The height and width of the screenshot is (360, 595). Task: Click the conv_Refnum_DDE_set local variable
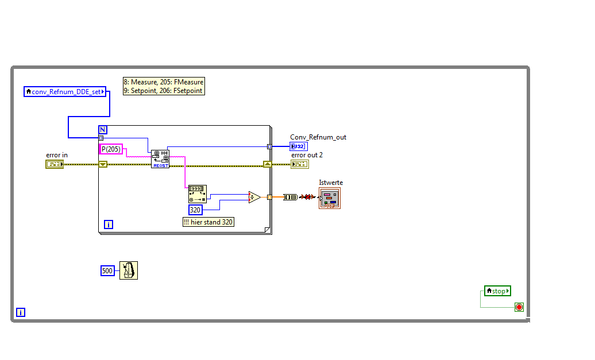(65, 91)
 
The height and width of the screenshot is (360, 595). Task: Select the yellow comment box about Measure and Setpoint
(164, 86)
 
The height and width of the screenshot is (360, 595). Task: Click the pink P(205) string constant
(111, 149)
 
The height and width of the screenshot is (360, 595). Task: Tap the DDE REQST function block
(160, 158)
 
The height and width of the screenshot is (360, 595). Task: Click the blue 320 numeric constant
(196, 210)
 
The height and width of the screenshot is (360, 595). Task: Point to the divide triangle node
(254, 197)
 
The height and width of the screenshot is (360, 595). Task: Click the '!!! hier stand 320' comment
(208, 222)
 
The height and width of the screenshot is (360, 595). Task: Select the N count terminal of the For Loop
(103, 129)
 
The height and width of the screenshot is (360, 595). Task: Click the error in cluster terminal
(54, 164)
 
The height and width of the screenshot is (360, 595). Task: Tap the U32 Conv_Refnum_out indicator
(298, 146)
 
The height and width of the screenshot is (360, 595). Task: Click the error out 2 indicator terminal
(299, 164)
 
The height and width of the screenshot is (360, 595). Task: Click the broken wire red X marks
(308, 197)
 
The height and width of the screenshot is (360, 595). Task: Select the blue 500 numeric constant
(107, 270)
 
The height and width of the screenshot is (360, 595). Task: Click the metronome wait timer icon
(129, 270)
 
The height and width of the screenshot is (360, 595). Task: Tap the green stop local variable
(497, 291)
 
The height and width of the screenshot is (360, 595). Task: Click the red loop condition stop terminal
(519, 307)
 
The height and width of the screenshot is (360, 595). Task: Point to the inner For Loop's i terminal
(108, 224)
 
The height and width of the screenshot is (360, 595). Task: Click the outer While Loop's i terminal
(21, 312)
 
